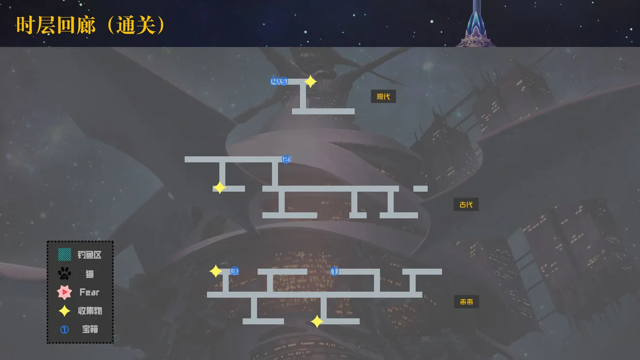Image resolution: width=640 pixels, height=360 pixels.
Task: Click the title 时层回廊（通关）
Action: (90, 25)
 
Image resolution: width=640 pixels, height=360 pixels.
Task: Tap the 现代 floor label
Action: (383, 96)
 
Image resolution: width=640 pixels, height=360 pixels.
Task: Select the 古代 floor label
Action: (466, 204)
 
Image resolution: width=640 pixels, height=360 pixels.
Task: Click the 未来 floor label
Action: (466, 302)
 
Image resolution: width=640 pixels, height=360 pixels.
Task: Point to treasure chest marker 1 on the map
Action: (335, 271)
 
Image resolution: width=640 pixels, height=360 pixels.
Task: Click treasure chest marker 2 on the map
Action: (286, 159)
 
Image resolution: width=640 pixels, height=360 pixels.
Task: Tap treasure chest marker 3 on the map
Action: (234, 271)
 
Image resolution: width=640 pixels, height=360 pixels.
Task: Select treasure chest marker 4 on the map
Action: (274, 81)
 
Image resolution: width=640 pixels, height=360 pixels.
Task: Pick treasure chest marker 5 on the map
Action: (284, 81)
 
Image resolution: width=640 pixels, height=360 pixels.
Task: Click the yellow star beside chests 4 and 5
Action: (310, 82)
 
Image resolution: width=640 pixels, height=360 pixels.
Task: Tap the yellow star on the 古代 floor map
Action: (220, 188)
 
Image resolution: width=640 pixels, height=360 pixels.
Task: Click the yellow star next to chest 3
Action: (216, 271)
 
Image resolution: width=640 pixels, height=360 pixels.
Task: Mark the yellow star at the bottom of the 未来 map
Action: (317, 321)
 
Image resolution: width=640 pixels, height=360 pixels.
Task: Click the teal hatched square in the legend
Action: (64, 254)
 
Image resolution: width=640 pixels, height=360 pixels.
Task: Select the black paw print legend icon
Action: (64, 273)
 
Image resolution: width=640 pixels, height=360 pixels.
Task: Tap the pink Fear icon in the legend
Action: (64, 292)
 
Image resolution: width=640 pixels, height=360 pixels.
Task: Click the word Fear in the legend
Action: (89, 292)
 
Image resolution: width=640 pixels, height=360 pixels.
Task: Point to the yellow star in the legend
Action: (64, 311)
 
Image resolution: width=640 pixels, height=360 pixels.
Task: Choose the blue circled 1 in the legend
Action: (64, 330)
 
